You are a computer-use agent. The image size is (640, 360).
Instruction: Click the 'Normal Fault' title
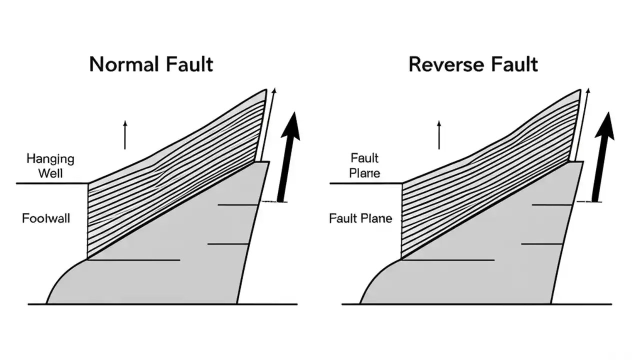151,64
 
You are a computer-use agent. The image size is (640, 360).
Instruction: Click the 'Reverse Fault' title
473,64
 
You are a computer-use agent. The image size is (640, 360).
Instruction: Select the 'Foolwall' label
46,218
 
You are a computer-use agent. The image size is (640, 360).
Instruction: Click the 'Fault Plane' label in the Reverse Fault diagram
360,218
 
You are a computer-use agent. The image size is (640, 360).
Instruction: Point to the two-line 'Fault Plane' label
364,166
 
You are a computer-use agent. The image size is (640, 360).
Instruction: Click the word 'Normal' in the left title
119,64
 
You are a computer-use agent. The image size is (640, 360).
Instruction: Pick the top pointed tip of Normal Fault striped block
265,90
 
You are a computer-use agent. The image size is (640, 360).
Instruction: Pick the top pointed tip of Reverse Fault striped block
579,90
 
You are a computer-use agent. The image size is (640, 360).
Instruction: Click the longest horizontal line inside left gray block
133,260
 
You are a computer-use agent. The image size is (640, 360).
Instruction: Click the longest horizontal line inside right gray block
447,260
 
